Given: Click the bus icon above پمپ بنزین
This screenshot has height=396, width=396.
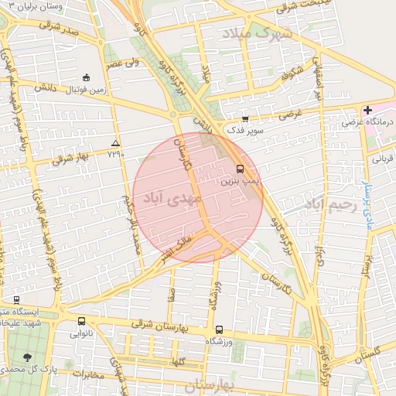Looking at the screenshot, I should click(240, 169).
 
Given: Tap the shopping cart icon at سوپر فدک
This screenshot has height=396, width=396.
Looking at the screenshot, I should click(245, 118).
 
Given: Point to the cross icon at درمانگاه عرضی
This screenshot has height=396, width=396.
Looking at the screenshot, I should click(367, 110).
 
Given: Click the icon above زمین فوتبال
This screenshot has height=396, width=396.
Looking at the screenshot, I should click(86, 77).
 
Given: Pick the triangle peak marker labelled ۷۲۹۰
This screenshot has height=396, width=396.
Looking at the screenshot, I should click(115, 143).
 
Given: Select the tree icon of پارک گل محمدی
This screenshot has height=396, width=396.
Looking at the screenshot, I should click(27, 357).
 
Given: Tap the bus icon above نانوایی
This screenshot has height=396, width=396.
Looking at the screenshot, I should click(81, 321).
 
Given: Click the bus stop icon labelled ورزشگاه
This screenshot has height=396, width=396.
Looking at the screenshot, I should click(219, 329).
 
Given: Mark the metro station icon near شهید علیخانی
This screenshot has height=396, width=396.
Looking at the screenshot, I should click(16, 299).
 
